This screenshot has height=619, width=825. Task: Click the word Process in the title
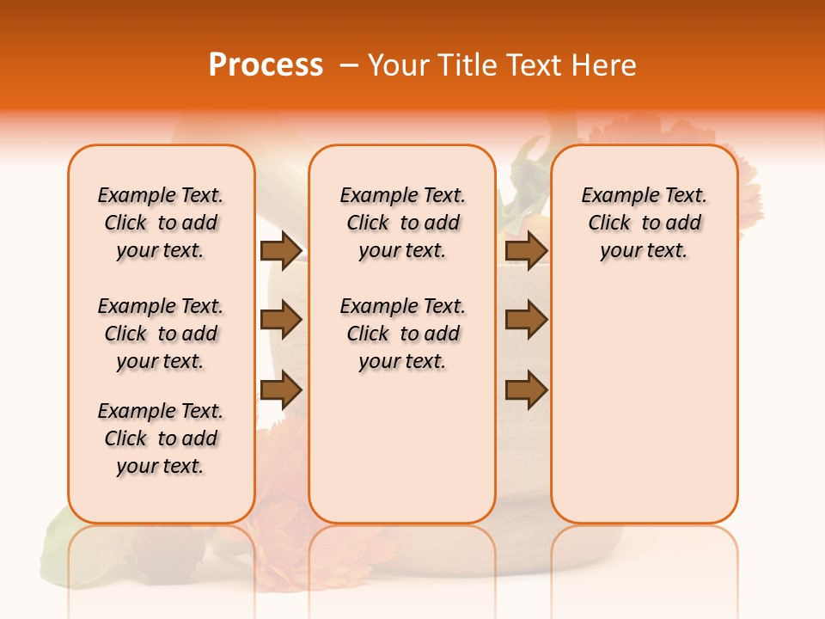click(x=266, y=64)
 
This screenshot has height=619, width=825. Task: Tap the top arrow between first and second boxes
click(x=281, y=251)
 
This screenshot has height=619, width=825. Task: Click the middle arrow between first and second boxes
click(x=281, y=320)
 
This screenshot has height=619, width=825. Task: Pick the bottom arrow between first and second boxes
click(x=281, y=390)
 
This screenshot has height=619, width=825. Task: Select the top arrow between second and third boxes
click(x=526, y=251)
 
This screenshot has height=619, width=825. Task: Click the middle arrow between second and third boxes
click(x=526, y=320)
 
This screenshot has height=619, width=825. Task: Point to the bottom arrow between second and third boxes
click(x=526, y=390)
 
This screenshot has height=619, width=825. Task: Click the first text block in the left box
click(x=161, y=223)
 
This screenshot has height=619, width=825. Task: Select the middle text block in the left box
click(x=161, y=334)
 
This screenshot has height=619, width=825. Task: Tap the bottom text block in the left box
click(x=161, y=438)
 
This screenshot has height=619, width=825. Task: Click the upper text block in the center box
click(x=402, y=223)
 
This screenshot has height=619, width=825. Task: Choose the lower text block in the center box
click(x=402, y=334)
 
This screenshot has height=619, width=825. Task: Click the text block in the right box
click(x=644, y=223)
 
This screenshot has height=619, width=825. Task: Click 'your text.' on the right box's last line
click(x=644, y=250)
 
